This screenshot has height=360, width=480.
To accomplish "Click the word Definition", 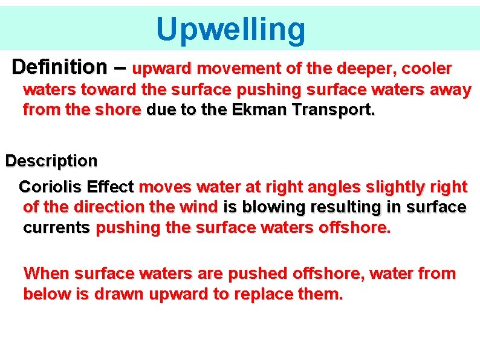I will [x=58, y=66].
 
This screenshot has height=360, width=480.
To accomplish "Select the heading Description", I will [x=51, y=162].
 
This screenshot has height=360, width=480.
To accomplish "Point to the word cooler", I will [x=426, y=68].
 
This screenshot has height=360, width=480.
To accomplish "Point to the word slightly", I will [x=389, y=187].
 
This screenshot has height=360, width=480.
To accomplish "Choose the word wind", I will [x=199, y=207].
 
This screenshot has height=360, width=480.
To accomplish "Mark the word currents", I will [x=57, y=229].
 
